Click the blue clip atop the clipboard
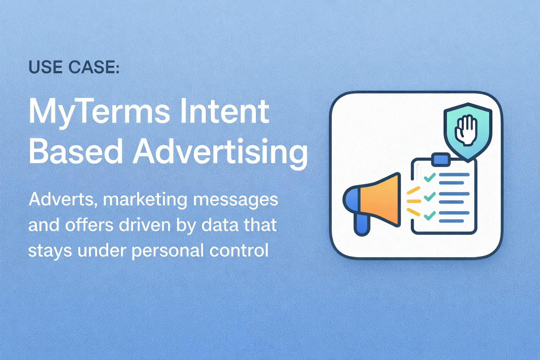(441, 159)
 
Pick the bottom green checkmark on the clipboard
(429, 215)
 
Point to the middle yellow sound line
(414, 201)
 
